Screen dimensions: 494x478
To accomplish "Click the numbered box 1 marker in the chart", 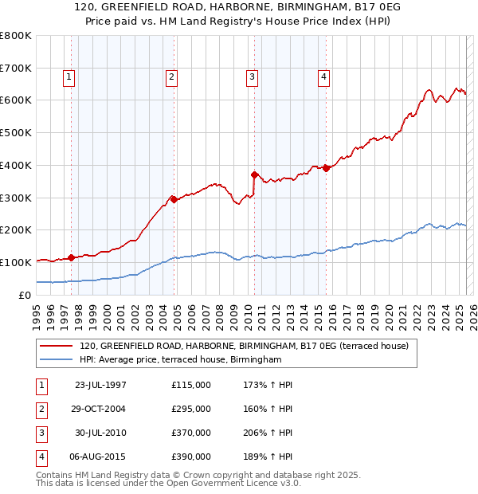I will point(69,77).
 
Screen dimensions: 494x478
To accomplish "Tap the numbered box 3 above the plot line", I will point(252,77).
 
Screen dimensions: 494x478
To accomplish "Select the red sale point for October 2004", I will point(174,199).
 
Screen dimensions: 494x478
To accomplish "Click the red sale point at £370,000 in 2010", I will point(254,174).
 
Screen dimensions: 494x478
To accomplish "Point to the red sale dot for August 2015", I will point(326,168).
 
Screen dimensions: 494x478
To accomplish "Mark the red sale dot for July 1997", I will point(71,257).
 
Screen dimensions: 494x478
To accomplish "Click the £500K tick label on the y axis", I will point(16,133).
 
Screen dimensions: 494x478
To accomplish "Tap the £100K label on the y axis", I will point(16,262).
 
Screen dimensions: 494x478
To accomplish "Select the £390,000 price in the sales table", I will point(191,457).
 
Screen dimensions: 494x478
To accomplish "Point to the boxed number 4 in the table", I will point(41,457).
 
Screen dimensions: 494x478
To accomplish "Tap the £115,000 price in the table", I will point(191,385).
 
